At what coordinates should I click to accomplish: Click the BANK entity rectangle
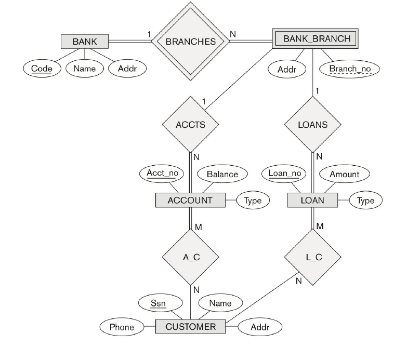coord(85,41)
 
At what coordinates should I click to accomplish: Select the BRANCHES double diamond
coord(190,41)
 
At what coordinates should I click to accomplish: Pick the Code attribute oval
coord(42,68)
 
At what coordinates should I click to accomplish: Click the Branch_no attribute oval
coord(350,69)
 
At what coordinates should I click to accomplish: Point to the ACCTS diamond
coord(190,125)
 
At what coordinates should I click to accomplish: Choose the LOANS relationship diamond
coord(312,125)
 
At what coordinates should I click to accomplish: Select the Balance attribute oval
coord(222,174)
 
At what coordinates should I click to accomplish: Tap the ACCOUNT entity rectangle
coord(190,200)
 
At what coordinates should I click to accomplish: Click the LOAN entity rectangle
coord(312,200)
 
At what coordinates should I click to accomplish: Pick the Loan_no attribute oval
coord(285,173)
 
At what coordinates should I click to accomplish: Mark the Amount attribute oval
coord(344,174)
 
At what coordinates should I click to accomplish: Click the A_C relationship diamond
coord(190,257)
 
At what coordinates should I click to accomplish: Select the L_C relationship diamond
coord(312,257)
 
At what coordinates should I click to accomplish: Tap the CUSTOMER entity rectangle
coord(190,327)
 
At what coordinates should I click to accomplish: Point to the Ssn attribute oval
coord(162,303)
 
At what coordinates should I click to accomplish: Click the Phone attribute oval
coord(121,327)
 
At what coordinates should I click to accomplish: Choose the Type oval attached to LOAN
coord(366,200)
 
